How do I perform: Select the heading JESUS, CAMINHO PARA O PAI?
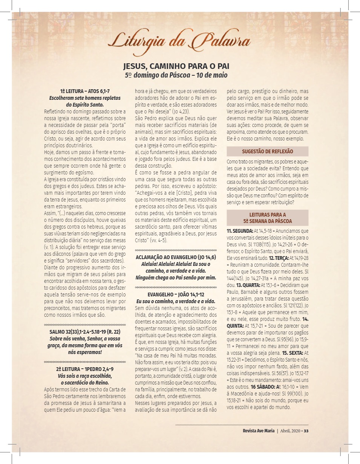176,67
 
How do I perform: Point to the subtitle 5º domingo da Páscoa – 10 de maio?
176,75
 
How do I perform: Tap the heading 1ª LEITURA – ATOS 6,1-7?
85,92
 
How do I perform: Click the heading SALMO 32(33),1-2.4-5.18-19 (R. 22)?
85,332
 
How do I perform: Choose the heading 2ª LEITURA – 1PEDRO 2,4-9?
85,369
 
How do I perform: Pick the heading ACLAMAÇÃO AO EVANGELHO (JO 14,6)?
176,257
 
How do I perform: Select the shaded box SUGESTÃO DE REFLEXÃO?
267,151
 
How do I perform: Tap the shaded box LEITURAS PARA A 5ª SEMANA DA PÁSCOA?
267,218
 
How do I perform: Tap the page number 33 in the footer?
306,431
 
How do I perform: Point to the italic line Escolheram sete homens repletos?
85,98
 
